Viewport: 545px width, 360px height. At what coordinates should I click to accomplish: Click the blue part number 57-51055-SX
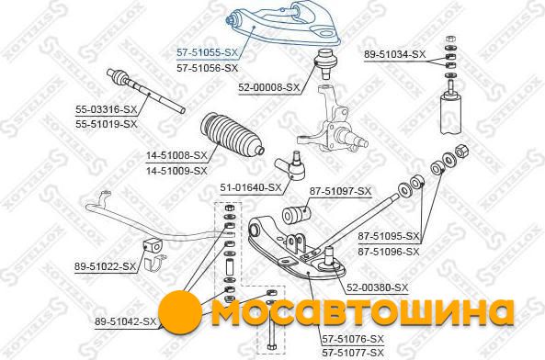(x=208, y=52)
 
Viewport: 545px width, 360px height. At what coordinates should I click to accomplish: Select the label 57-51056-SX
(x=208, y=68)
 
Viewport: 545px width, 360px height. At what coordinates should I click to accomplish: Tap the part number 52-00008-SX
(x=268, y=88)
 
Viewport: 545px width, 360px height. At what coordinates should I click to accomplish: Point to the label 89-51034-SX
(x=395, y=54)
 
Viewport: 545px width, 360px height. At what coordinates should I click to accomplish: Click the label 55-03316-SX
(x=107, y=109)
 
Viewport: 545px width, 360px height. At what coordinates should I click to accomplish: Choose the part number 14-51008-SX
(x=176, y=155)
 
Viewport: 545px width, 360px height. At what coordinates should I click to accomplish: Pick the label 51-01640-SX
(x=251, y=188)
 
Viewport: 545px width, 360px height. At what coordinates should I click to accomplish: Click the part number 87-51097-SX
(x=340, y=191)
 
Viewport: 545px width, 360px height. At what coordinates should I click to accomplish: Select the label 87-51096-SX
(x=389, y=252)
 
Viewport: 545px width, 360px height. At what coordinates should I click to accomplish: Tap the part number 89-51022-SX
(x=105, y=266)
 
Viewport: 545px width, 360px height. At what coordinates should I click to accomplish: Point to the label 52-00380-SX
(x=377, y=287)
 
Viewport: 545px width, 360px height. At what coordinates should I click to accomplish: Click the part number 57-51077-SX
(x=353, y=353)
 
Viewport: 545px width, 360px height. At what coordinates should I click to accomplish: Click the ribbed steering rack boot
(x=232, y=135)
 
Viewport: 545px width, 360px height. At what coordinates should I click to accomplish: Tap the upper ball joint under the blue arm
(x=325, y=62)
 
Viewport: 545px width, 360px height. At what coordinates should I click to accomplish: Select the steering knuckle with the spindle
(x=330, y=121)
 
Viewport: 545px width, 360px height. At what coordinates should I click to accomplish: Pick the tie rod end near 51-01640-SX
(x=290, y=166)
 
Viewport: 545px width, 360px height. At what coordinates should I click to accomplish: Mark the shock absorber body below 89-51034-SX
(x=451, y=114)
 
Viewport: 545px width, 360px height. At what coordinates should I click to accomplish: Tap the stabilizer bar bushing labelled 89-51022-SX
(x=152, y=246)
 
